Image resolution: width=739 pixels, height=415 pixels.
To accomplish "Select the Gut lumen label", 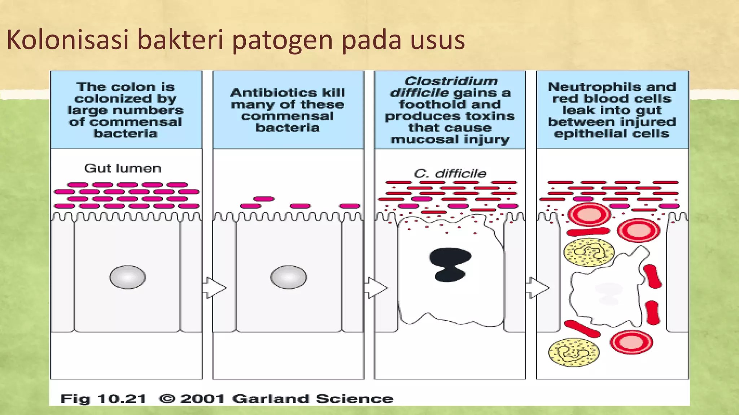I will click(x=123, y=168).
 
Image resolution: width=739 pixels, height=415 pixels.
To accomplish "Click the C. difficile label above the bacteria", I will click(x=450, y=174).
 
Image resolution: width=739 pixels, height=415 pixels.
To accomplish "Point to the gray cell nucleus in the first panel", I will click(x=127, y=277).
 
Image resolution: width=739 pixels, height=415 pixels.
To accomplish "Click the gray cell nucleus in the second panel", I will click(x=289, y=277).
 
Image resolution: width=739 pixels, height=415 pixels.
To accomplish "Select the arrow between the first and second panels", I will click(x=214, y=287).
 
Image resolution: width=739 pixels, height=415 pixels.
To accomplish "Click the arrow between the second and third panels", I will click(x=376, y=287).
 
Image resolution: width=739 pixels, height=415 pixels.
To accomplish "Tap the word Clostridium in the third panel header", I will click(x=451, y=81).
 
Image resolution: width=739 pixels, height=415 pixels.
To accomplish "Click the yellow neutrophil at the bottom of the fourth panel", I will click(x=573, y=352).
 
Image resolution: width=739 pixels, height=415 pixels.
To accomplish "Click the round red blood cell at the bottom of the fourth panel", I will click(x=631, y=342).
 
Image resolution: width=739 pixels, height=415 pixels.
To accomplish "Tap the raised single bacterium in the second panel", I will click(x=264, y=199).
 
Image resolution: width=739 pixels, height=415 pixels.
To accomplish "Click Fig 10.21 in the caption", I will click(x=103, y=399).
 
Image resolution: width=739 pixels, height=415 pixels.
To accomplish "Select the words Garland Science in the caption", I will click(x=312, y=399).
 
